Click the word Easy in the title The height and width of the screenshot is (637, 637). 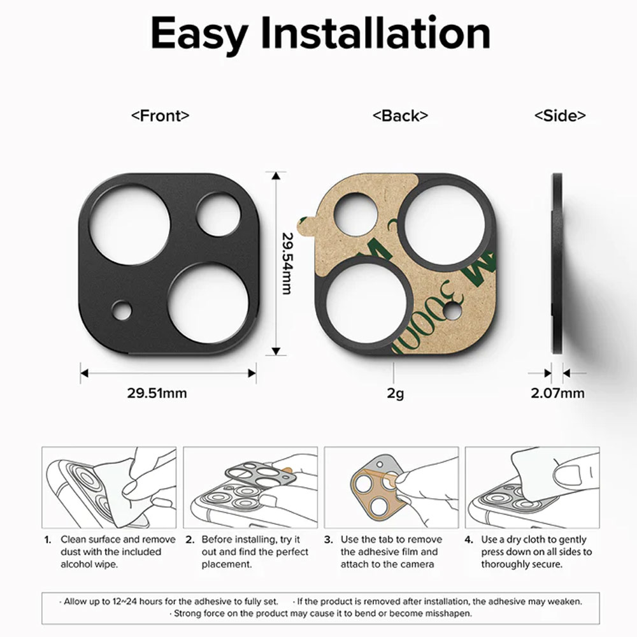click(199, 34)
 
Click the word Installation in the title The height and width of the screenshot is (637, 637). click(375, 32)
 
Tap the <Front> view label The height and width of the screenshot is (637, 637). click(160, 116)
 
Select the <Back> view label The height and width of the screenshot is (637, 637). click(400, 116)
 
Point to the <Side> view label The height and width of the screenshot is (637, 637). click(560, 116)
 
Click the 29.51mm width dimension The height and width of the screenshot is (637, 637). click(157, 393)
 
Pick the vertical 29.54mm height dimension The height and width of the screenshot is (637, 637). click(288, 263)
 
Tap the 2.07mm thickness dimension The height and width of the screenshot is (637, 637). click(557, 393)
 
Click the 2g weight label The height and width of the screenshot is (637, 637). click(395, 393)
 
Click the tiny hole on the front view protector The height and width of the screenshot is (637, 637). click(122, 310)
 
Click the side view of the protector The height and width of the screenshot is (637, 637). click(557, 263)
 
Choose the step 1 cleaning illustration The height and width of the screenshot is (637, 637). click(109, 487)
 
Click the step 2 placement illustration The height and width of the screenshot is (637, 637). click(250, 487)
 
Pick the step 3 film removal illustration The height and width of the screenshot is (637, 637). click(391, 487)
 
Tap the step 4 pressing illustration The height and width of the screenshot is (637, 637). click(532, 487)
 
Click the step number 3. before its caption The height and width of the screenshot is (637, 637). click(329, 540)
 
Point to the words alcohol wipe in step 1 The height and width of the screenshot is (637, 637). click(89, 564)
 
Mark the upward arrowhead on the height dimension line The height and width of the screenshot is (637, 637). click(276, 176)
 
